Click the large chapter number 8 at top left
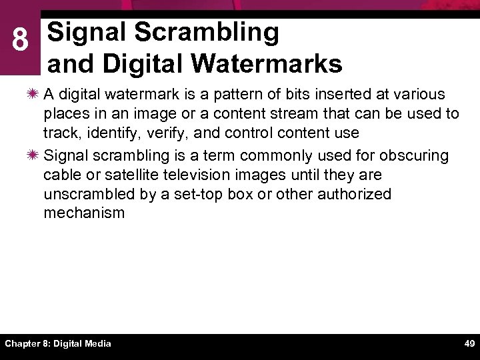tap(20, 41)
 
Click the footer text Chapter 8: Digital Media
tap(58, 343)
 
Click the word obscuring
tap(413, 155)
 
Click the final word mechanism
tap(84, 213)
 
